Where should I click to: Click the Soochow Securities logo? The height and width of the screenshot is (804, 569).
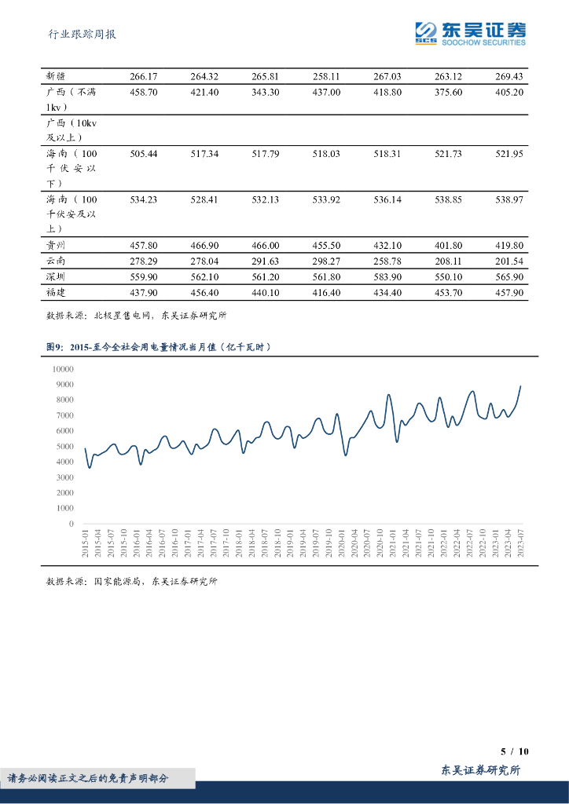[x=471, y=33]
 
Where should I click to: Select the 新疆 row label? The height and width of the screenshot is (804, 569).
[x=57, y=76]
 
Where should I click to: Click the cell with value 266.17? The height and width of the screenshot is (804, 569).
[x=144, y=76]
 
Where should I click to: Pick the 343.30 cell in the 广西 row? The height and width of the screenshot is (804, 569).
[x=266, y=92]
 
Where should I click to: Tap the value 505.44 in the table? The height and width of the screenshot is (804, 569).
[x=144, y=154]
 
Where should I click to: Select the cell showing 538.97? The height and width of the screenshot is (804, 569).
[x=509, y=199]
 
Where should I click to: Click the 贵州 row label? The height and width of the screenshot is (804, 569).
[x=57, y=246]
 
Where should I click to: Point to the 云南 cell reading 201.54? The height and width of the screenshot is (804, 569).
[x=509, y=261]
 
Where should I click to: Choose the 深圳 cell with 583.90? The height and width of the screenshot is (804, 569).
[x=387, y=277]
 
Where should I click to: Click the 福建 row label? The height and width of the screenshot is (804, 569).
[x=57, y=293]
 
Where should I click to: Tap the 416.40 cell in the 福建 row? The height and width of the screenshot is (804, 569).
[x=326, y=293]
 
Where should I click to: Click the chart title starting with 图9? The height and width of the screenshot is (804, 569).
[x=160, y=346]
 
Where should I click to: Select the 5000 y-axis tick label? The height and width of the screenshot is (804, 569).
[x=64, y=446]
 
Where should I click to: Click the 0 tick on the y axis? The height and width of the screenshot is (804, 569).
[x=72, y=524]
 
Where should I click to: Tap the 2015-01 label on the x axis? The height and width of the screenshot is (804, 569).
[x=86, y=543]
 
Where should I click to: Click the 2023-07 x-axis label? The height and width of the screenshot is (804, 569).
[x=520, y=543]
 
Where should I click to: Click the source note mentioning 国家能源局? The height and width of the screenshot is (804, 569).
[x=131, y=582]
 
